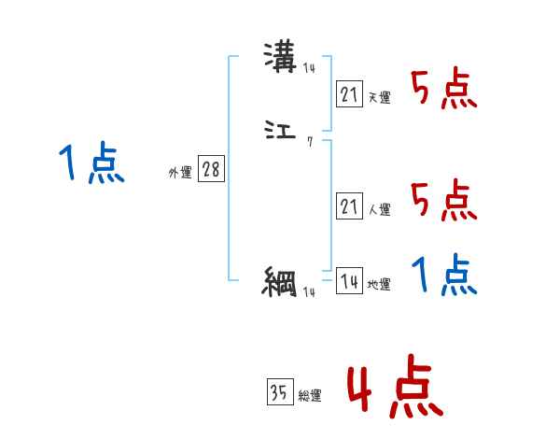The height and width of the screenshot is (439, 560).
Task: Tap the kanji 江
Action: click(279, 134)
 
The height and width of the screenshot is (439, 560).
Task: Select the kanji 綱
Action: click(279, 280)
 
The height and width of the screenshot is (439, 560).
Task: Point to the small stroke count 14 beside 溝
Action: click(309, 68)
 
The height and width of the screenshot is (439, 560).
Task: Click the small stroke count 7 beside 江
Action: click(309, 142)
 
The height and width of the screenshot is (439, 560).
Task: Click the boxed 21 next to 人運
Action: click(349, 207)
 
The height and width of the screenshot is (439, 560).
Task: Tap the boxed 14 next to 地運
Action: click(349, 281)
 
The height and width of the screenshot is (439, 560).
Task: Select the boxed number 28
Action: click(211, 169)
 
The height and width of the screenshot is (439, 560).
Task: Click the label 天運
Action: click(380, 97)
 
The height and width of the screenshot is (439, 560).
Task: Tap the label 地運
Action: click(380, 285)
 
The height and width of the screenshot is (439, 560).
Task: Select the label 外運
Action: click(179, 173)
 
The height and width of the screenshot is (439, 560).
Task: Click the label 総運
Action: click(311, 396)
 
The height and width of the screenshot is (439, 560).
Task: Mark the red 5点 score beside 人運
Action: click(444, 199)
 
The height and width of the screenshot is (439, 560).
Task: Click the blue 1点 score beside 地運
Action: click(444, 276)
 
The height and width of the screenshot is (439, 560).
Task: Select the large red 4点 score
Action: click(395, 389)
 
